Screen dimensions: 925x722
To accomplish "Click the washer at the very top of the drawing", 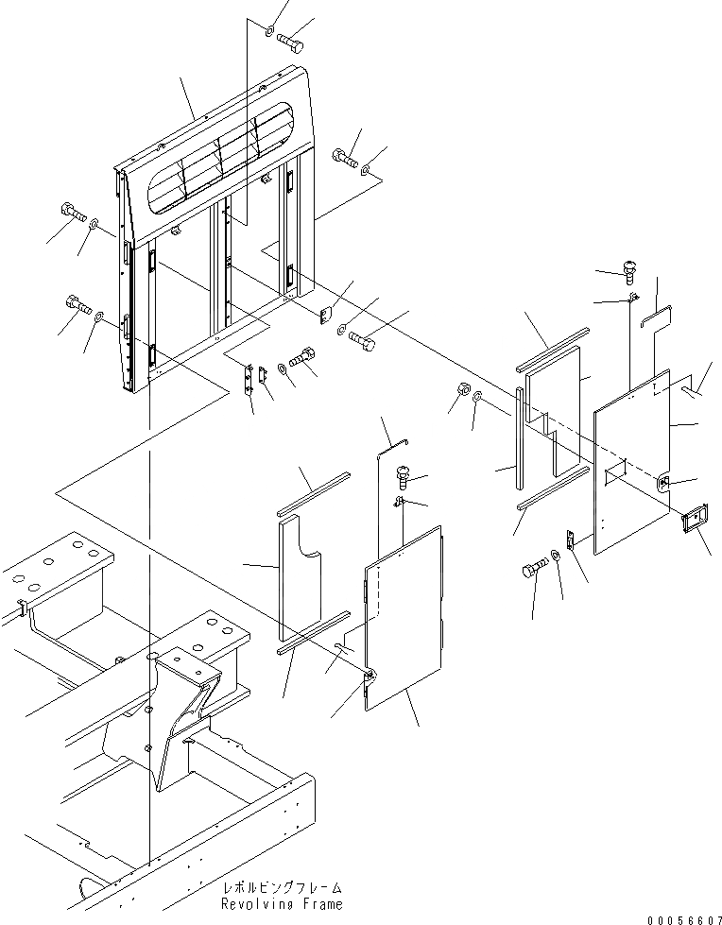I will pos(267,33).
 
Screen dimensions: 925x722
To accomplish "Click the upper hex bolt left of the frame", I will pos(73,213).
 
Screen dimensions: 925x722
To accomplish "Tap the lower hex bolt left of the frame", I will pos(76,305).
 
